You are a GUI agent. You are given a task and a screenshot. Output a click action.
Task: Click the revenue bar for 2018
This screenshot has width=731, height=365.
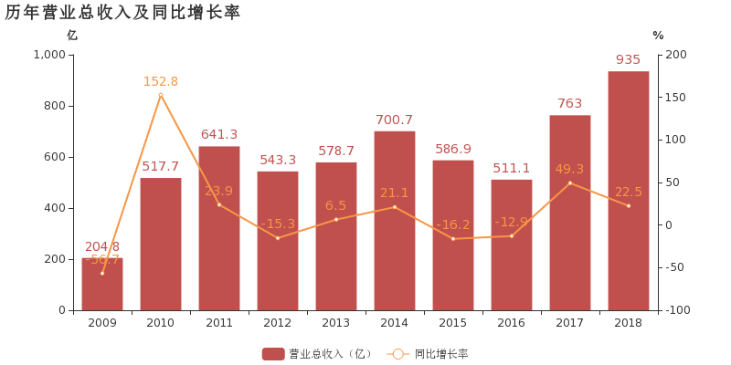pyautogui.click(x=628, y=191)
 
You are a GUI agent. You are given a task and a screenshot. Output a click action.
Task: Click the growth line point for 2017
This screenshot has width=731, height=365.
pyautogui.click(x=569, y=182)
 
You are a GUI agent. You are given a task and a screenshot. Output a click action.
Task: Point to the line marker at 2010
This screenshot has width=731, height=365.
pyautogui.click(x=160, y=95)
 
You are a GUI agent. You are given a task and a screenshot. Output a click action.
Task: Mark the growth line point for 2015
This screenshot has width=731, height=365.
pyautogui.click(x=452, y=239)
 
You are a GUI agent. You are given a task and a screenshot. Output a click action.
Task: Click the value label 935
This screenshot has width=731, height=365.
pyautogui.click(x=628, y=60)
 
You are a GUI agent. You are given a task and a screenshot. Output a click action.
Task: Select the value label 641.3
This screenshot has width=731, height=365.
pyautogui.click(x=218, y=135)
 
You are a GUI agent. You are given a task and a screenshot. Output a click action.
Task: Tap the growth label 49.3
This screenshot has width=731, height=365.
pyautogui.click(x=569, y=169)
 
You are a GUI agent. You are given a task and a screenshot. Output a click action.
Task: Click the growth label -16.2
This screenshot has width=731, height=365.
pyautogui.click(x=452, y=224)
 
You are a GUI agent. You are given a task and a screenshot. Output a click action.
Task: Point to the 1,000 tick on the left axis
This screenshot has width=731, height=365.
pyautogui.click(x=49, y=55)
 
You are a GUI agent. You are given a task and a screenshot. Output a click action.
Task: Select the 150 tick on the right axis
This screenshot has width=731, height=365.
pyautogui.click(x=673, y=98)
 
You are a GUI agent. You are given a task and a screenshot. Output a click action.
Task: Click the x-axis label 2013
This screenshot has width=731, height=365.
pyautogui.click(x=335, y=323)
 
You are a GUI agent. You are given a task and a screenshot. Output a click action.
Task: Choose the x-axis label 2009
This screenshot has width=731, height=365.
pyautogui.click(x=101, y=323)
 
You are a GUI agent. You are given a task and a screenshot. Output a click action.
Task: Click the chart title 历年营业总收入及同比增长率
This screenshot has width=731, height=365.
pyautogui.click(x=122, y=13)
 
